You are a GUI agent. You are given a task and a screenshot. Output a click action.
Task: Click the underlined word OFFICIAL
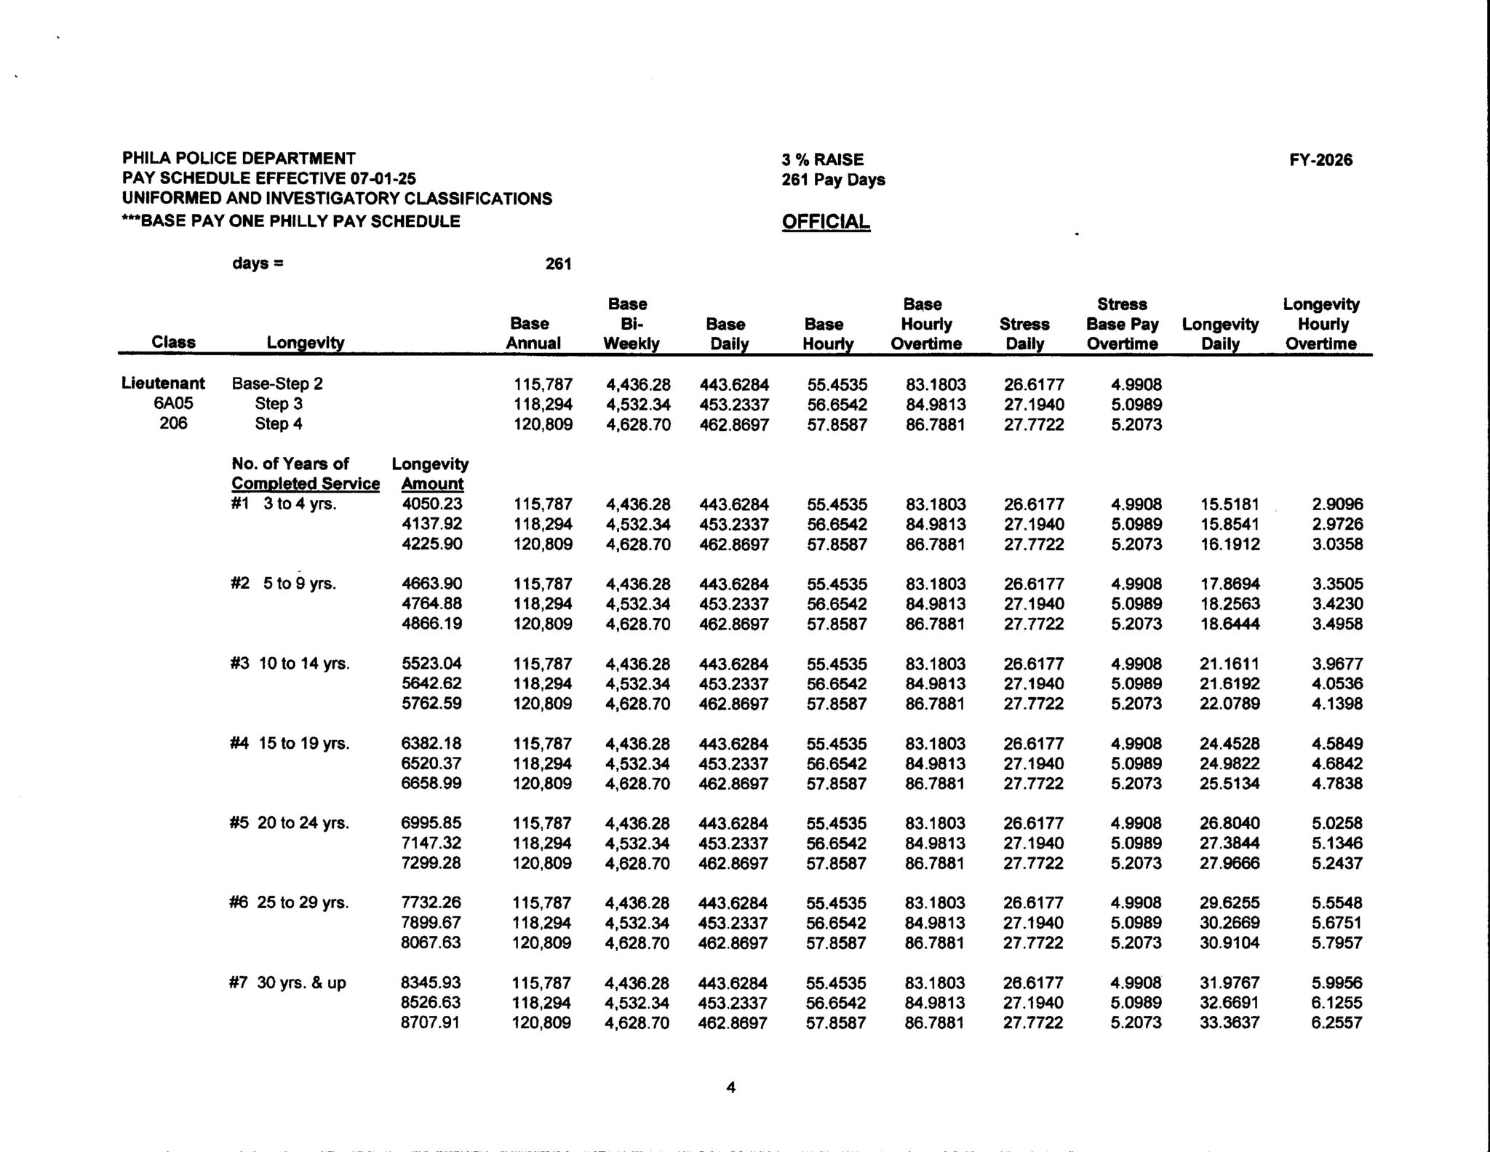tap(826, 222)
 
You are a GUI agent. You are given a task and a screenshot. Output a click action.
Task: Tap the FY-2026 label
tap(1320, 160)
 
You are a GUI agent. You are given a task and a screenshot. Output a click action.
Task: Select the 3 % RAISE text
tap(822, 160)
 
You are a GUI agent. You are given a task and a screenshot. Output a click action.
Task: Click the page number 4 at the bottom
tap(731, 1087)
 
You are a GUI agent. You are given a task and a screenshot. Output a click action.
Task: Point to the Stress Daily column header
tap(1024, 333)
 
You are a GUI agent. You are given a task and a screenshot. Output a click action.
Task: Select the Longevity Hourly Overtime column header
tap(1320, 324)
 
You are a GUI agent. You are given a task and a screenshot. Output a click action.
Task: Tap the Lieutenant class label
tap(164, 384)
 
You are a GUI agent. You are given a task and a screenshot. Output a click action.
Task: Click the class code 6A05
tap(172, 404)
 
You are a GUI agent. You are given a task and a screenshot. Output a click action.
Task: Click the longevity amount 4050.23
tap(431, 504)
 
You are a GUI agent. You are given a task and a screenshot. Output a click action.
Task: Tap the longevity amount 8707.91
tap(431, 1022)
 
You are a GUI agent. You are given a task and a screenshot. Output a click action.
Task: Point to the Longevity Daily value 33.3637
tap(1229, 1022)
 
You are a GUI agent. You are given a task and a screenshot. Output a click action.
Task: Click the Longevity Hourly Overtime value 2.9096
tap(1337, 504)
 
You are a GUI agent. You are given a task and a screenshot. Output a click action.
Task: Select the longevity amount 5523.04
tap(431, 664)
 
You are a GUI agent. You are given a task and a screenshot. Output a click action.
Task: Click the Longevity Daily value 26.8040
tap(1229, 823)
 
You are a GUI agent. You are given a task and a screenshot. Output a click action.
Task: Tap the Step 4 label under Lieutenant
tap(278, 424)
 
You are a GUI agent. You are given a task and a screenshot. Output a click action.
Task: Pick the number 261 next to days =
tap(558, 264)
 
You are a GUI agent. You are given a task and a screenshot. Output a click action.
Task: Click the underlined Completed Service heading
tap(306, 484)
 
